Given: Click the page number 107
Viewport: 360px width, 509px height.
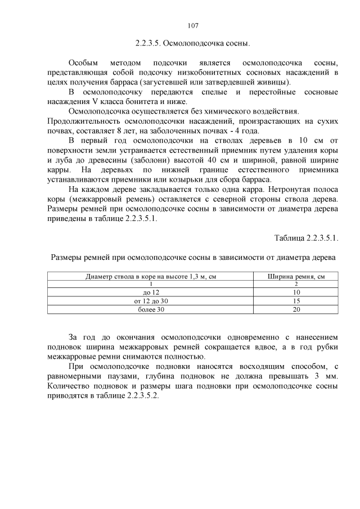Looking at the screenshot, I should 192,25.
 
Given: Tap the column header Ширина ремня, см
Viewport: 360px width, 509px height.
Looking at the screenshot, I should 296,276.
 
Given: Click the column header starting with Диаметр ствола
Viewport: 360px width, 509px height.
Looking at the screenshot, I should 151,276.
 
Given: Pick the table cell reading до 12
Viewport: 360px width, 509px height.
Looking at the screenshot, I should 151,293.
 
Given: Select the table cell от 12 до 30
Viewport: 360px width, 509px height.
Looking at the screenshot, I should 151,301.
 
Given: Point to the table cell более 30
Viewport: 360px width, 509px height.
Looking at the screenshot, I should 151,309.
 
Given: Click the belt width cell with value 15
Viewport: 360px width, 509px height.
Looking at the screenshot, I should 296,301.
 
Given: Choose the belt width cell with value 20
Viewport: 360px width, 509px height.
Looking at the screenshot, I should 296,309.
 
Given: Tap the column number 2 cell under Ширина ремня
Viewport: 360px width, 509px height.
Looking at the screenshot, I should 296,285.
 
